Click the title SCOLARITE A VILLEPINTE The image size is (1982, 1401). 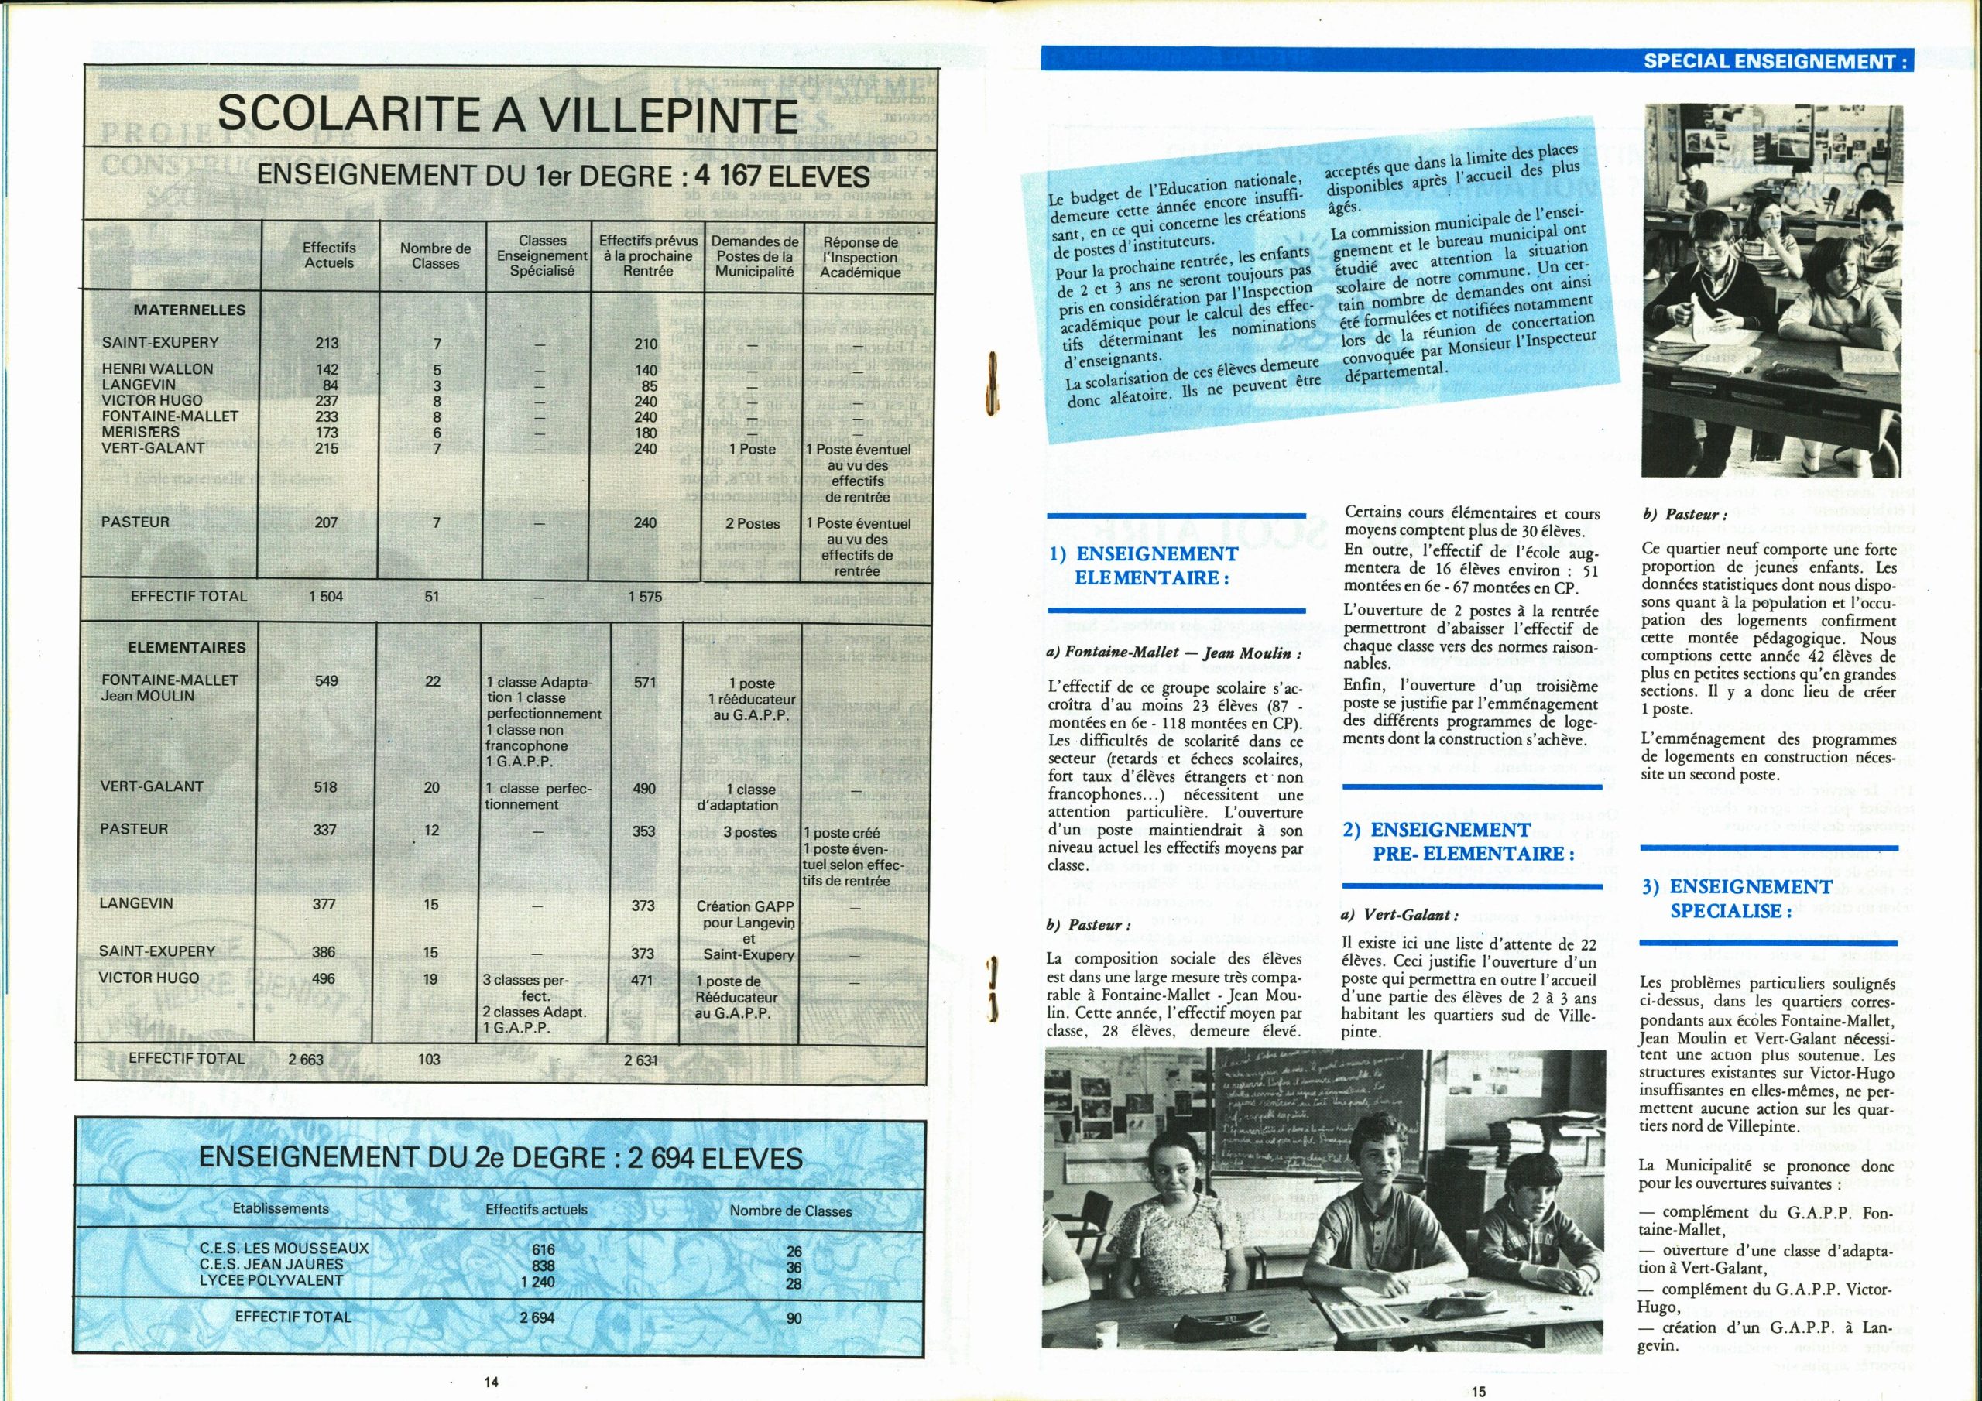506,115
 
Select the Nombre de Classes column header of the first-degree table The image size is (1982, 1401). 435,255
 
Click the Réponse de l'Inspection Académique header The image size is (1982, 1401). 860,257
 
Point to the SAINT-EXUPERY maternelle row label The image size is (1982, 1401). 160,343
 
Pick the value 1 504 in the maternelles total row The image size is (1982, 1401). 326,597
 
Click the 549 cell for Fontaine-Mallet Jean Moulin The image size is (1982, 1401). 326,681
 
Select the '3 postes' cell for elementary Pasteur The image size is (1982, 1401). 749,832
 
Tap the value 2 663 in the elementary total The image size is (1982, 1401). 306,1059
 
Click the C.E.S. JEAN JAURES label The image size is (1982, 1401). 271,1264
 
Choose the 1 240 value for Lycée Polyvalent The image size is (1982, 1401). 537,1282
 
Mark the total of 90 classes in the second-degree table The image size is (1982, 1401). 794,1318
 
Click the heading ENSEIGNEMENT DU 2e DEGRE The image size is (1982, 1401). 501,1158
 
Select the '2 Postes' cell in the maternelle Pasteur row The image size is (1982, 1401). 753,524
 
